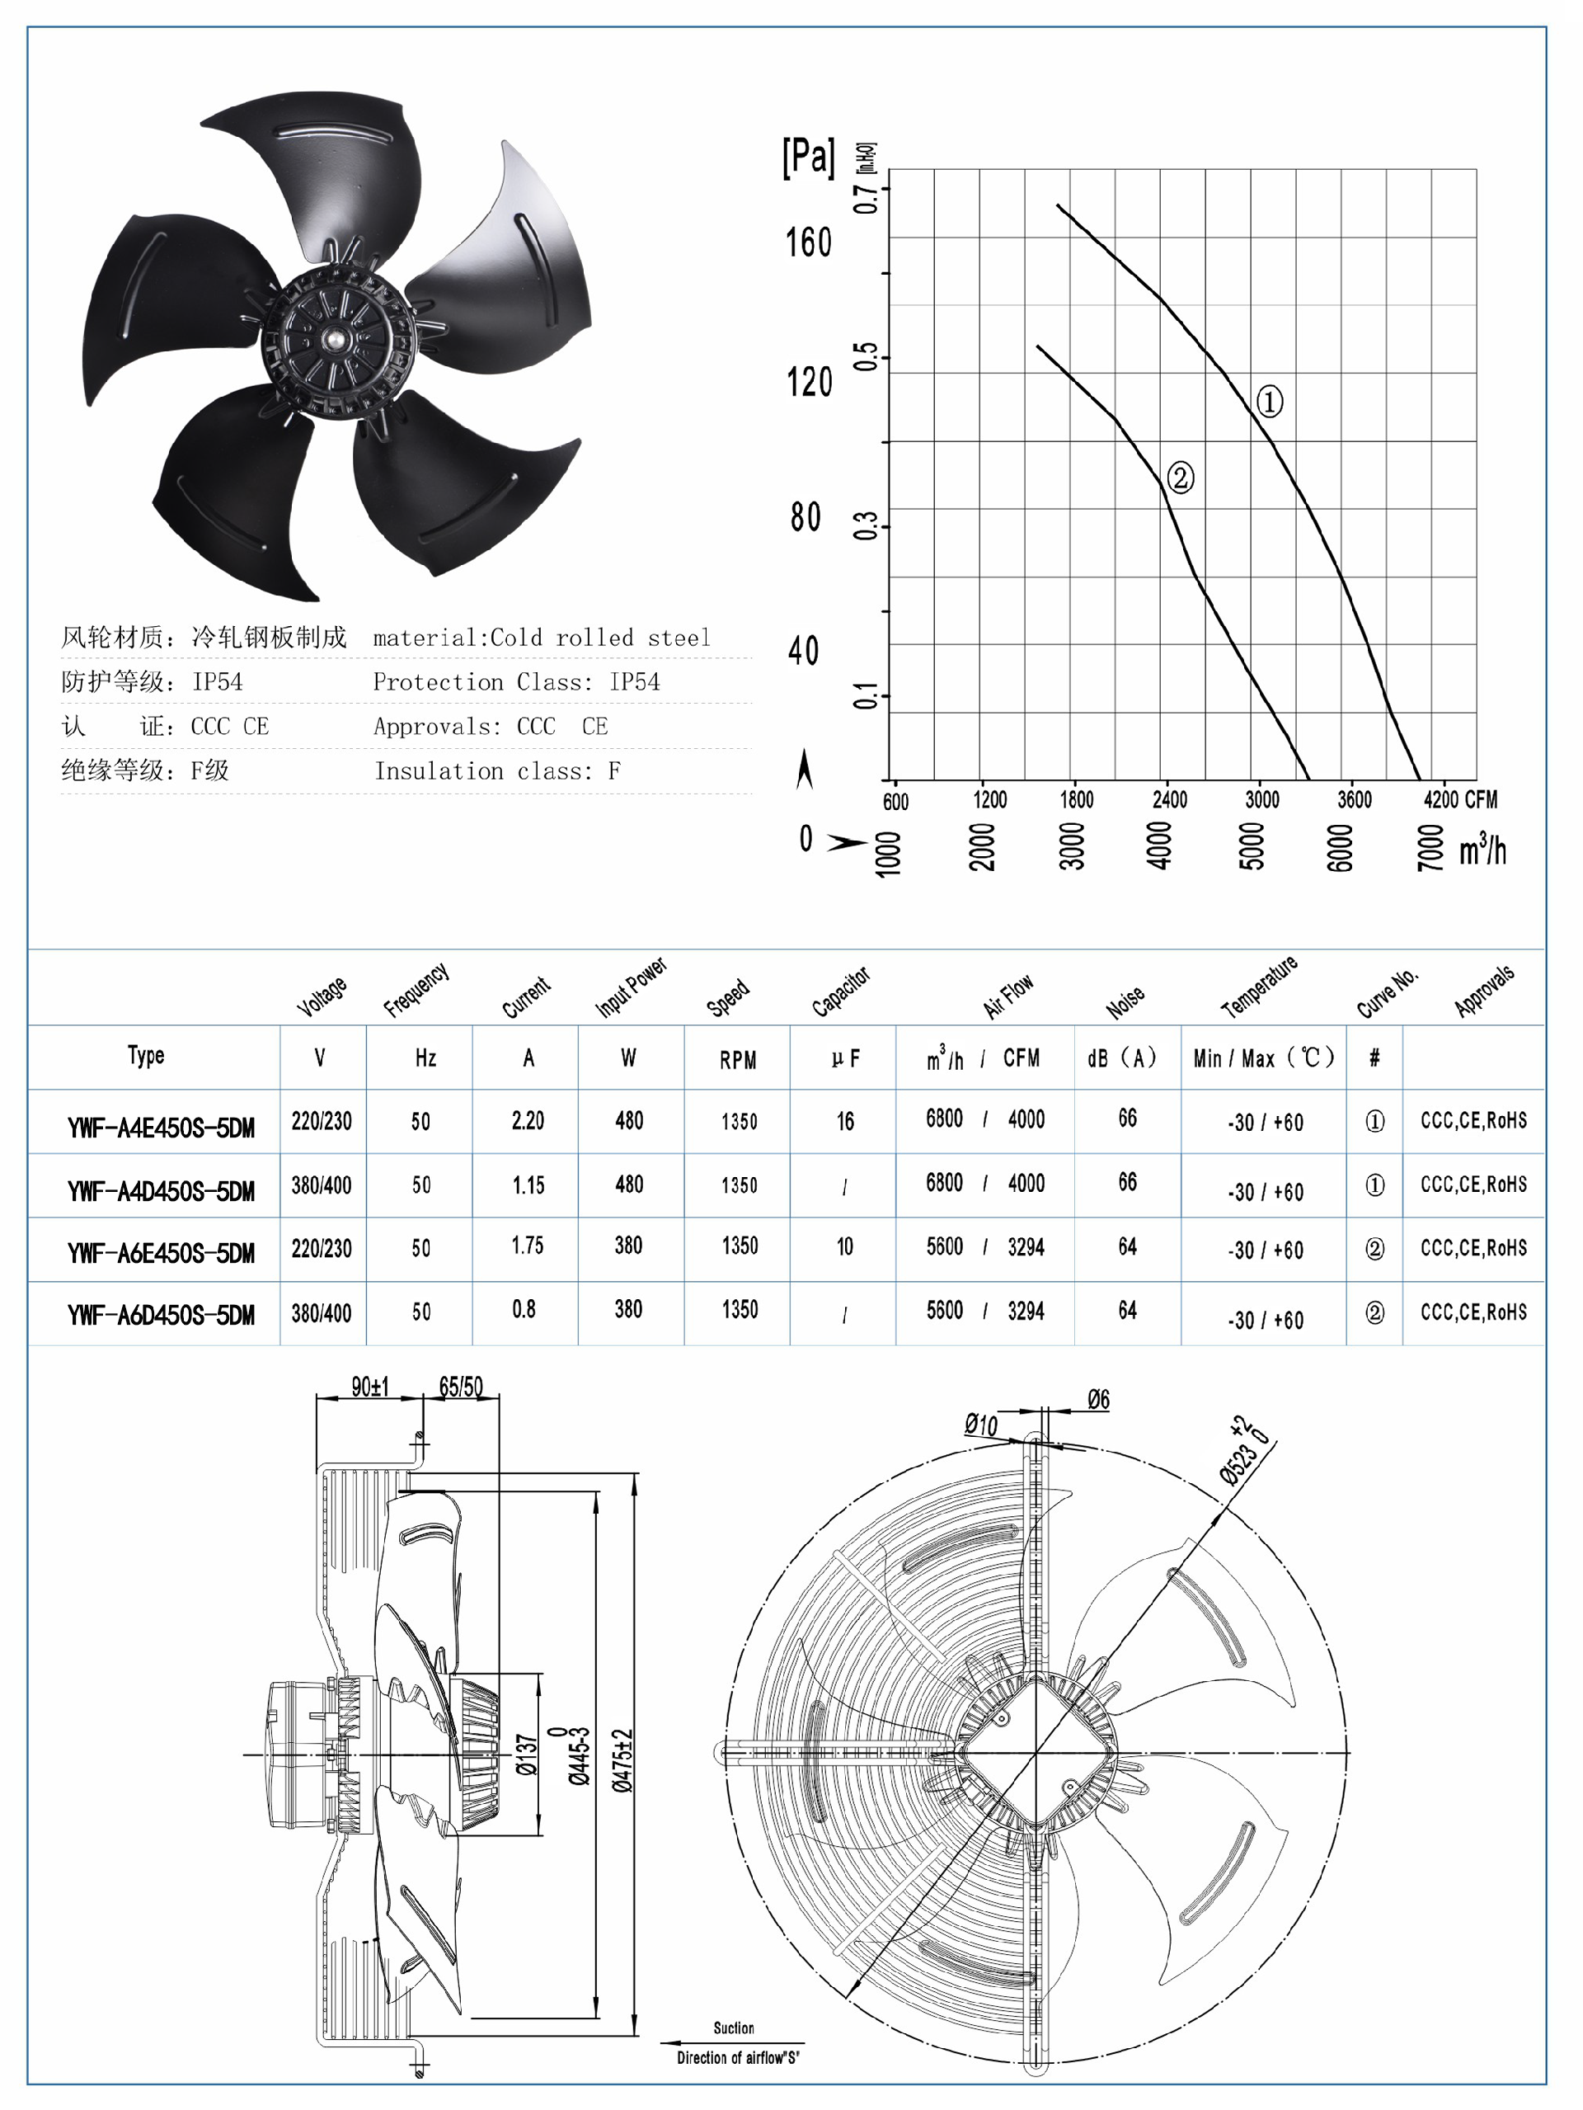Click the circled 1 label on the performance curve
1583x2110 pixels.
point(1268,402)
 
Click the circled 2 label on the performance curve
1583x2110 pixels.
point(1180,477)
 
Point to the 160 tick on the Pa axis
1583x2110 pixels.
point(809,243)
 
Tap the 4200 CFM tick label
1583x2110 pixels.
point(1459,799)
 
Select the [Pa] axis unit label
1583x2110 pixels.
point(808,157)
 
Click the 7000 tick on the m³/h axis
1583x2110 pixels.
point(1430,847)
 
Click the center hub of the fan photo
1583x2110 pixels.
point(336,340)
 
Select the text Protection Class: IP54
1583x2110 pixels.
point(516,682)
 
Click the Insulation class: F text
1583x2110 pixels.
point(497,770)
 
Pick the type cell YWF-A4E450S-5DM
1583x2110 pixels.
point(160,1128)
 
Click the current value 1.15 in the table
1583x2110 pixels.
point(528,1185)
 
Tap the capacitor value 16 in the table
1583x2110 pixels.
point(845,1122)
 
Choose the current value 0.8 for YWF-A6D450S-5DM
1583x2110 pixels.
point(524,1310)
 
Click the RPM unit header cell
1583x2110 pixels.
point(737,1060)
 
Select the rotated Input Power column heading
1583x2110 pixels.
point(631,987)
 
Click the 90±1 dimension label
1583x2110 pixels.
point(370,1387)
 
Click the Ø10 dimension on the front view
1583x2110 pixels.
point(980,1425)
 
